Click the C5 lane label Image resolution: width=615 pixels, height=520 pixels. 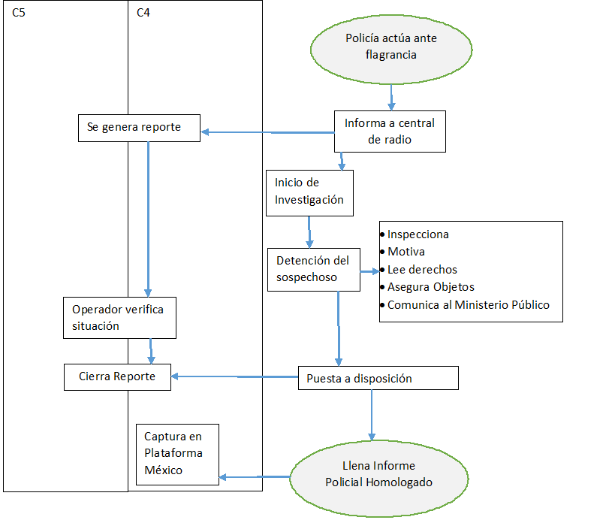point(20,13)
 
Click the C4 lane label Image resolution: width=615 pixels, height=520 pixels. point(144,13)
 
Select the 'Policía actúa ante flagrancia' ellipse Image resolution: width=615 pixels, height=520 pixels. point(391,47)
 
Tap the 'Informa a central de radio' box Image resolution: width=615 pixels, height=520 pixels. point(390,131)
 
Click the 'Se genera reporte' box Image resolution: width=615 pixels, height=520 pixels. point(139,128)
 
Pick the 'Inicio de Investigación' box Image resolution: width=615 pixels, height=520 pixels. point(309,192)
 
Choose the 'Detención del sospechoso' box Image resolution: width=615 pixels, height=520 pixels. point(313,269)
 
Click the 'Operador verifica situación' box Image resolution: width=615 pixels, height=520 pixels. point(119,317)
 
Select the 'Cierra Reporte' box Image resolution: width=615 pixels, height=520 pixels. point(117,376)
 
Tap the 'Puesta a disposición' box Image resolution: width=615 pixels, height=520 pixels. point(378,378)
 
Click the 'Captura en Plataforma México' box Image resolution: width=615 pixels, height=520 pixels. point(177,453)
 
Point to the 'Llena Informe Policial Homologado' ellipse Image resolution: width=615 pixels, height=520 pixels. point(378,474)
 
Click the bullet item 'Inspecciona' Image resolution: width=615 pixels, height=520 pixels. point(418,234)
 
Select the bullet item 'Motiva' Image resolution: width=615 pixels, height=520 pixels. point(405,252)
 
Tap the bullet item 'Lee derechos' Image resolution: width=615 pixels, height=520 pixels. point(422,269)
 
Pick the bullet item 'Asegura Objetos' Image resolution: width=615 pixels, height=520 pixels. point(430,287)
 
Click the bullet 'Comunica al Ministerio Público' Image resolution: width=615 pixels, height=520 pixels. point(468,305)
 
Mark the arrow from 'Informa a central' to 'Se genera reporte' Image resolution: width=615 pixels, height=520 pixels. point(267,133)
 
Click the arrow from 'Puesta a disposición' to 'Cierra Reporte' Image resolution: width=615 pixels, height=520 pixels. point(234,376)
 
